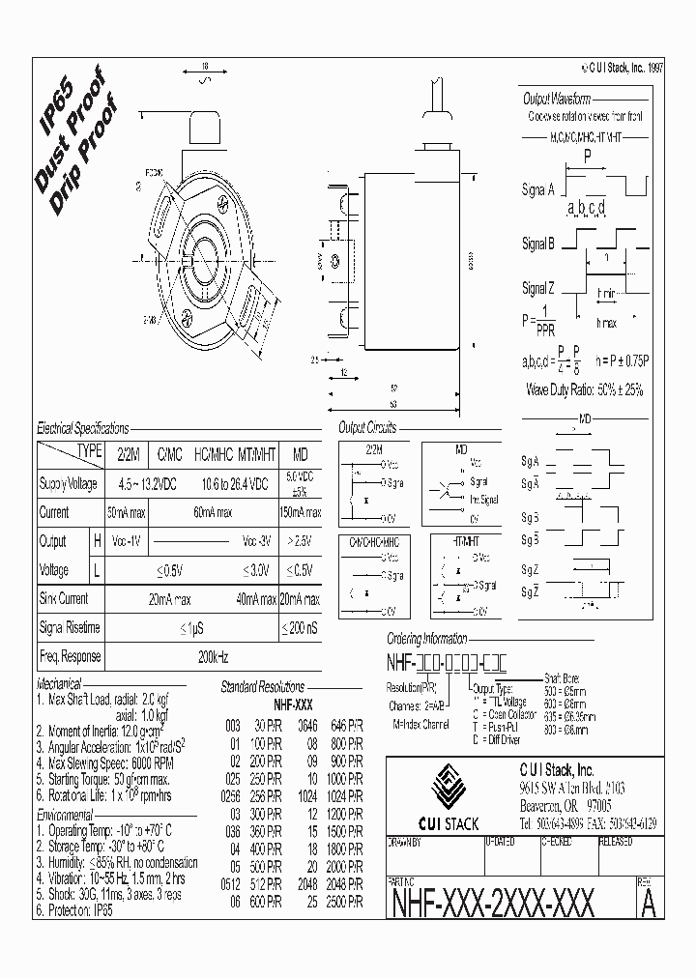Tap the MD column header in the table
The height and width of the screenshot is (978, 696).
pyautogui.click(x=301, y=452)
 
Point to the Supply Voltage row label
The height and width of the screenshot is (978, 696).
pyautogui.click(x=68, y=482)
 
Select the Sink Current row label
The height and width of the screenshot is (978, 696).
pyautogui.click(x=64, y=599)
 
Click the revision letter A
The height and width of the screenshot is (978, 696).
pyautogui.click(x=648, y=903)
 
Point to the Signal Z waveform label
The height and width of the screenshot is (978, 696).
pyautogui.click(x=538, y=288)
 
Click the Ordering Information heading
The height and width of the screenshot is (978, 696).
pyautogui.click(x=426, y=639)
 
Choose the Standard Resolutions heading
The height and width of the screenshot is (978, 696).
pyautogui.click(x=262, y=686)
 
